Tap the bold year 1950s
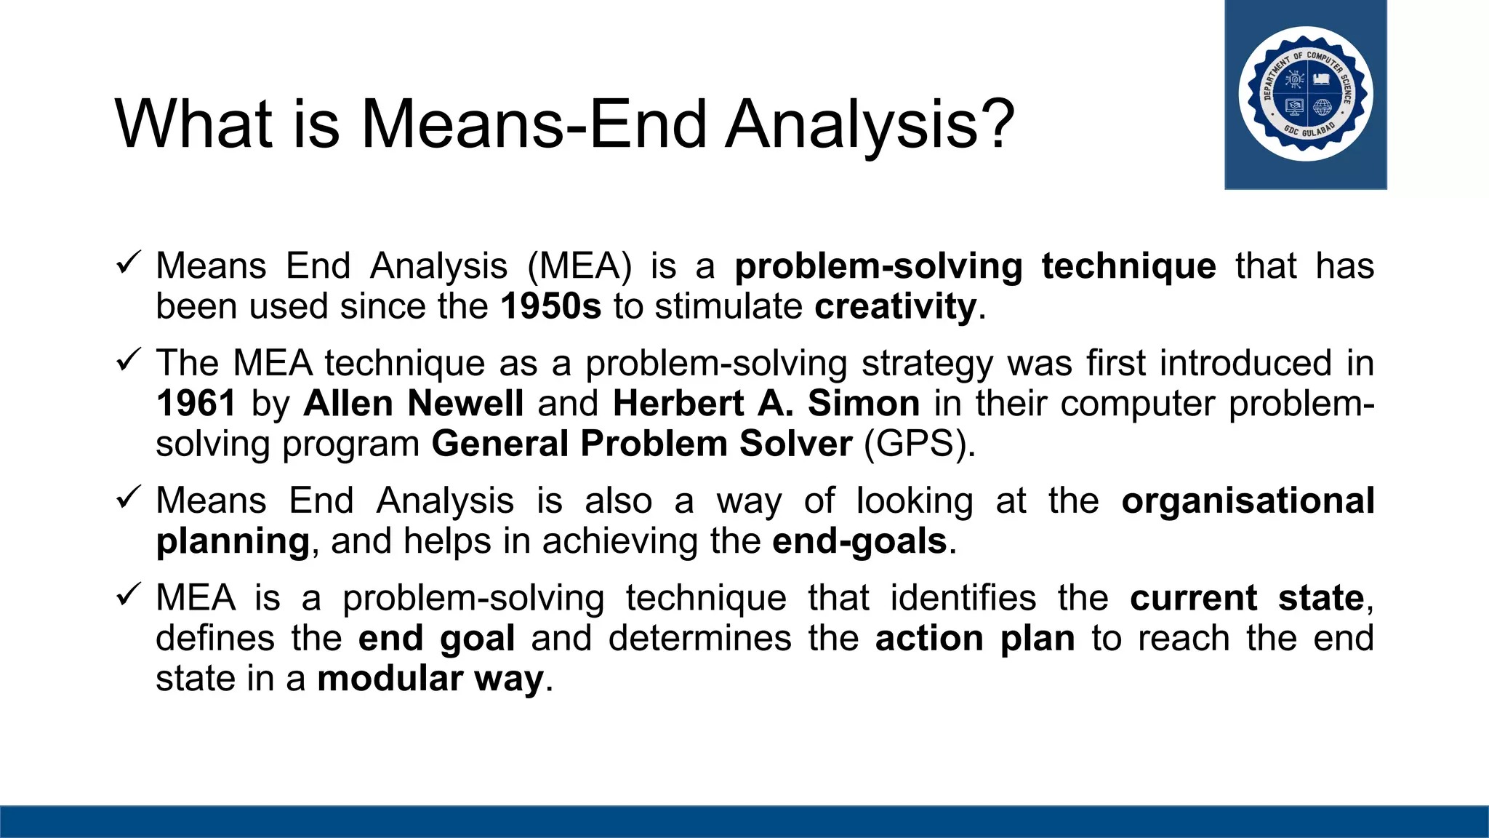click(x=550, y=306)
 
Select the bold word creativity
click(x=895, y=306)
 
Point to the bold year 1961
click(x=196, y=403)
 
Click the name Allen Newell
click(x=413, y=403)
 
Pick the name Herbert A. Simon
click(x=766, y=403)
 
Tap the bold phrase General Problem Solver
click(x=641, y=444)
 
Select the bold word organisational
click(x=1248, y=500)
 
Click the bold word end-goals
click(x=859, y=541)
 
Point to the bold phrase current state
click(x=1247, y=598)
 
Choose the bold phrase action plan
click(x=974, y=639)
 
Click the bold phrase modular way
click(x=430, y=679)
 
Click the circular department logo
click(x=1306, y=94)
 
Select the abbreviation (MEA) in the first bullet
click(x=579, y=266)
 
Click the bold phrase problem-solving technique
click(x=974, y=266)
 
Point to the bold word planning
click(x=233, y=541)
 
